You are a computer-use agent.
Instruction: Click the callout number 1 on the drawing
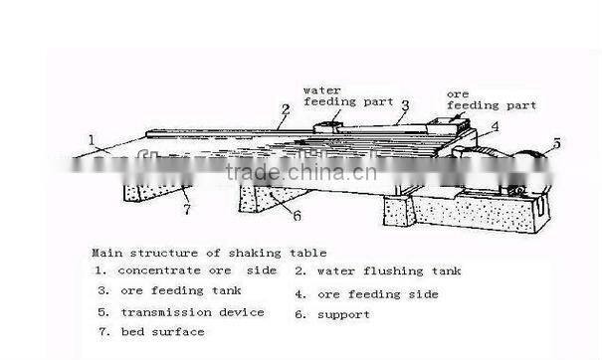click(92, 140)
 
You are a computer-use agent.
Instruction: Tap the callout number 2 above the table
click(285, 109)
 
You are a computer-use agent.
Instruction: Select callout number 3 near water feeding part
click(405, 104)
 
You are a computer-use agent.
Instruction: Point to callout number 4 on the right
click(495, 126)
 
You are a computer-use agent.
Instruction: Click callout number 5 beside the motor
click(556, 143)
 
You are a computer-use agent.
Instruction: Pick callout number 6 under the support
click(296, 212)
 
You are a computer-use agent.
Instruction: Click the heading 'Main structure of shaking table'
click(209, 254)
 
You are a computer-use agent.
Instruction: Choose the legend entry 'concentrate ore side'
click(185, 270)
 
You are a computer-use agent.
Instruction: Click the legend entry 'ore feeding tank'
click(169, 291)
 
